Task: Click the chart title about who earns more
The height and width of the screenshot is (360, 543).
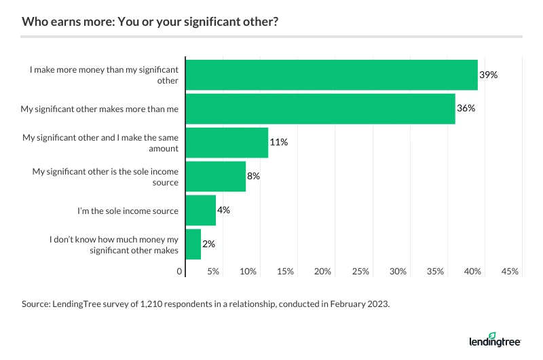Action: click(149, 21)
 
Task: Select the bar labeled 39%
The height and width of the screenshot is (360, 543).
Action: click(331, 75)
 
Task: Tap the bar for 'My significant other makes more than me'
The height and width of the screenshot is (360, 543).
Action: click(320, 109)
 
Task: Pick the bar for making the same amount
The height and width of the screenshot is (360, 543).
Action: click(227, 143)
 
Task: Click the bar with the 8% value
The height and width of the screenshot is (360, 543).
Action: click(215, 177)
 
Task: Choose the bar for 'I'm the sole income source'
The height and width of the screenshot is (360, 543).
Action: click(200, 211)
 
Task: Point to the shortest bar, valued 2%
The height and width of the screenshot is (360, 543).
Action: click(193, 245)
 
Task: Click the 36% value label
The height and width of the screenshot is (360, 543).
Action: click(466, 109)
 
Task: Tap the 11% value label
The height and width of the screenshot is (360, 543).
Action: click(279, 143)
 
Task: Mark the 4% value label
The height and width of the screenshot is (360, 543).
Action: click(224, 210)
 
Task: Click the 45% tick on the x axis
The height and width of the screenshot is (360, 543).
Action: click(510, 272)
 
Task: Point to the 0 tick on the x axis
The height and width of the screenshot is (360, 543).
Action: click(181, 272)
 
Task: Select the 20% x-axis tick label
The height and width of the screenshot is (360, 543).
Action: click(323, 272)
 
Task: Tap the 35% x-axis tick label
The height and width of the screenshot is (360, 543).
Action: click(435, 272)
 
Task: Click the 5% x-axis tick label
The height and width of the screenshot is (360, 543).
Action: click(213, 272)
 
